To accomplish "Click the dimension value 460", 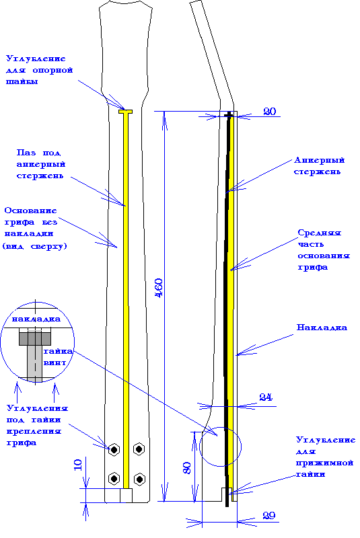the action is click(x=159, y=289).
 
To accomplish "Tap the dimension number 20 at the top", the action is click(x=269, y=112).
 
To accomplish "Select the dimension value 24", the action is click(x=266, y=397).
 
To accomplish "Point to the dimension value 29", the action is click(x=268, y=515).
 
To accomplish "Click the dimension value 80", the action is click(x=187, y=468).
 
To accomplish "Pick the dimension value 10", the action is click(x=78, y=465).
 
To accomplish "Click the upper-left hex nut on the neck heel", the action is click(x=114, y=449).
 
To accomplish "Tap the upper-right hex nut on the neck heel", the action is click(x=139, y=449).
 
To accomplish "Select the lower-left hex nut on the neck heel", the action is click(x=114, y=478).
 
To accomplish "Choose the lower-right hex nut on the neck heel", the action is click(x=139, y=479).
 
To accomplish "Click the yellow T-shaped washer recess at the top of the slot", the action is click(x=126, y=112).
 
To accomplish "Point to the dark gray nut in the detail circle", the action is click(x=35, y=338).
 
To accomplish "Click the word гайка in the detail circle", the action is click(x=58, y=351).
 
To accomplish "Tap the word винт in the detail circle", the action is click(x=55, y=362).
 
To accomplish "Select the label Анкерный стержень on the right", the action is click(x=319, y=166).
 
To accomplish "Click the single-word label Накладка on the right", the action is click(x=322, y=328).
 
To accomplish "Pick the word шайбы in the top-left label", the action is click(x=22, y=81).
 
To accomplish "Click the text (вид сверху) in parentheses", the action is click(x=35, y=246).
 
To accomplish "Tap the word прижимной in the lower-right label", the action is click(x=324, y=463).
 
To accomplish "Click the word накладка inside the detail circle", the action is click(x=36, y=319).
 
